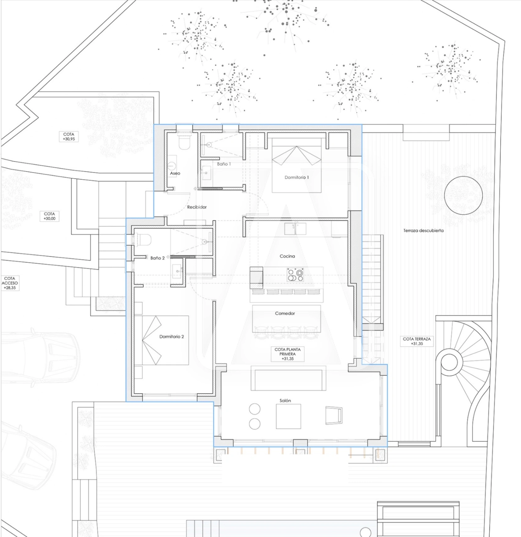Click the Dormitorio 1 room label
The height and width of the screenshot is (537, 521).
pos(296,177)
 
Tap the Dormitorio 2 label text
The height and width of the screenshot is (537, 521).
pos(171,337)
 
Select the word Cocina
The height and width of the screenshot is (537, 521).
pos(287,256)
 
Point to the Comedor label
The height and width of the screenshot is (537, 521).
pos(285,313)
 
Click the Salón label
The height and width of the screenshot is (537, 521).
pos(285,401)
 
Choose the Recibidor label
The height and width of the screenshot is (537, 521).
pos(197,207)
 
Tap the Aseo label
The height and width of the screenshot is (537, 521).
pos(175,173)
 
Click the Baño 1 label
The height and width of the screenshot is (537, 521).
pos(224,164)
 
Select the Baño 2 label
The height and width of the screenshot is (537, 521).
pos(157,258)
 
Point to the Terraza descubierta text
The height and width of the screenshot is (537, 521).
pos(423,231)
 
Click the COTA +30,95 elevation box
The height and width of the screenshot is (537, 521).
pos(69,137)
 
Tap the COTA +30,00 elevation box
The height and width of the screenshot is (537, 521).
pos(50,216)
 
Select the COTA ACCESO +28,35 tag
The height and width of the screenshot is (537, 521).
pos(10,283)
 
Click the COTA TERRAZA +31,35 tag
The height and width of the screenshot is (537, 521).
pos(417,341)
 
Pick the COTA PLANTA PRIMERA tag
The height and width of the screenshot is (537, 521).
pos(287,354)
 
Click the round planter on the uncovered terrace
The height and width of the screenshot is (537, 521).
pos(463,195)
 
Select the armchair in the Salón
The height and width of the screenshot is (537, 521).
pos(334,415)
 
